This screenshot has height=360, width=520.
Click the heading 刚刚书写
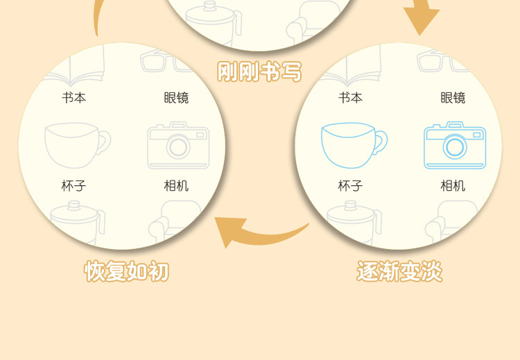click(259, 71)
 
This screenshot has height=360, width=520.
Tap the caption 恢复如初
click(126, 271)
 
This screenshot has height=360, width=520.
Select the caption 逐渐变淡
click(399, 271)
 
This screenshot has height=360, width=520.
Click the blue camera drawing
click(454, 145)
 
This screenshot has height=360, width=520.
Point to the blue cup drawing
click(349, 145)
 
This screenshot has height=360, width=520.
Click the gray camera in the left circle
click(177, 145)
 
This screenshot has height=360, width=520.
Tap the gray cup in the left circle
click(73, 145)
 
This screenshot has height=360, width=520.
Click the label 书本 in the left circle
click(74, 98)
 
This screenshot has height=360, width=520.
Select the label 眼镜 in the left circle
click(176, 98)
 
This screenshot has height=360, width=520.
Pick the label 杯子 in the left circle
click(74, 186)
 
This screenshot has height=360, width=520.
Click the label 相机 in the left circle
click(176, 186)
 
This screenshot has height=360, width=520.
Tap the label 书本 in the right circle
click(351, 98)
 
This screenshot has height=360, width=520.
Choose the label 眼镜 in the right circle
click(453, 98)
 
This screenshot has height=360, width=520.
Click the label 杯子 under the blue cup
click(351, 186)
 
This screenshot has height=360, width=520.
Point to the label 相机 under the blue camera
click(453, 186)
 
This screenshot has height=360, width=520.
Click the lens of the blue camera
click(455, 147)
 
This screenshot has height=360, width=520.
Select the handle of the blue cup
click(380, 142)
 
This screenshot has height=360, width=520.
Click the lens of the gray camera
click(178, 147)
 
